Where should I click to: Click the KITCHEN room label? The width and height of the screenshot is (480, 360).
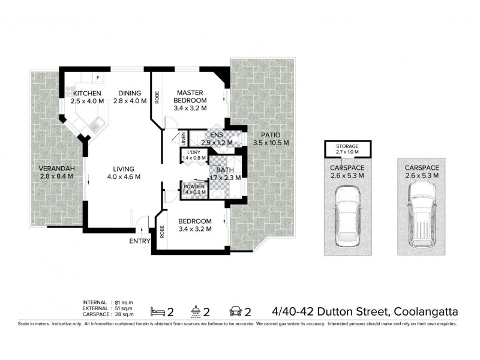87,97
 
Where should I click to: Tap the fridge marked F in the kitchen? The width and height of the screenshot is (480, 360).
97,77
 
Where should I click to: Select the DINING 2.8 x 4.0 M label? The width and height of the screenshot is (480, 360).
130,97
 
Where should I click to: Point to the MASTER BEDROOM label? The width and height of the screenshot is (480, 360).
190,100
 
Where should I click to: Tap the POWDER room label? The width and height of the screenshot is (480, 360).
194,189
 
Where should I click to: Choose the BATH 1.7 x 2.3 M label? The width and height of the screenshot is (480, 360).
224,174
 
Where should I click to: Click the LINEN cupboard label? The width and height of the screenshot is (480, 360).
183,139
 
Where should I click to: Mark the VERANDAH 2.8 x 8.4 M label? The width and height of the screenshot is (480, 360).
55,172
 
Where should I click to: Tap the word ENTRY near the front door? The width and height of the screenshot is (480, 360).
140,241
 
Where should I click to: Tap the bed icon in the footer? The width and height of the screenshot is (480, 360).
158,311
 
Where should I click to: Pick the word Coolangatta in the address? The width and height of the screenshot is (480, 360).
427,311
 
